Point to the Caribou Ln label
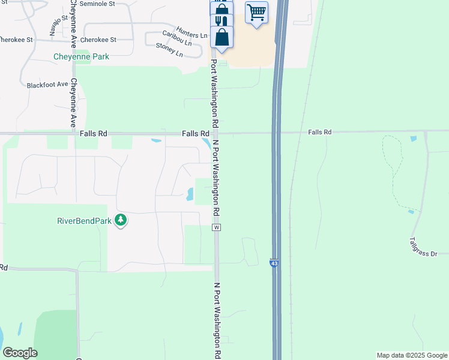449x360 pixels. [177, 38]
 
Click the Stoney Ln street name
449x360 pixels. [169, 49]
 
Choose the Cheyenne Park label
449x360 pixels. [82, 56]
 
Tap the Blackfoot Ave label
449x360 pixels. [47, 85]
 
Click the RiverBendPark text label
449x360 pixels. [85, 221]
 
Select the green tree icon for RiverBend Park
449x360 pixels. [121, 220]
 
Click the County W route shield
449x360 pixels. [217, 227]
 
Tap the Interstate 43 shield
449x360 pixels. [274, 263]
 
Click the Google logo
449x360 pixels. [20, 353]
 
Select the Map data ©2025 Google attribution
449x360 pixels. [411, 355]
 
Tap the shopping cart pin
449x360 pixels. [256, 12]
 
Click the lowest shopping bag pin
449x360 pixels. [222, 37]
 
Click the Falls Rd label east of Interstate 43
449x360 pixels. [320, 132]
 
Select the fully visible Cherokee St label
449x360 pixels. [100, 40]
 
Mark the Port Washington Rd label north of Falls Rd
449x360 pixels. [213, 92]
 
